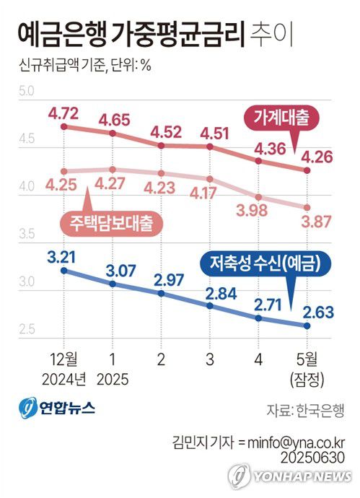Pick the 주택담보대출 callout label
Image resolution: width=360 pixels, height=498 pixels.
tap(113, 221)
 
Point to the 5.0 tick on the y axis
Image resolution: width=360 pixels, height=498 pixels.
tap(27, 91)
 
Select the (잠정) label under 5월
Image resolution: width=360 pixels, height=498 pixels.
tap(307, 377)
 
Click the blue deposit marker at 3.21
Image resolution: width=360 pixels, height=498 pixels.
tap(63, 270)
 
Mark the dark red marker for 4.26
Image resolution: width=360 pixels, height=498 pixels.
tap(307, 170)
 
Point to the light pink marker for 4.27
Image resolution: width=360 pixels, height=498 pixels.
tap(113, 170)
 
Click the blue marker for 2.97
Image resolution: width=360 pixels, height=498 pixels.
tap(161, 294)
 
